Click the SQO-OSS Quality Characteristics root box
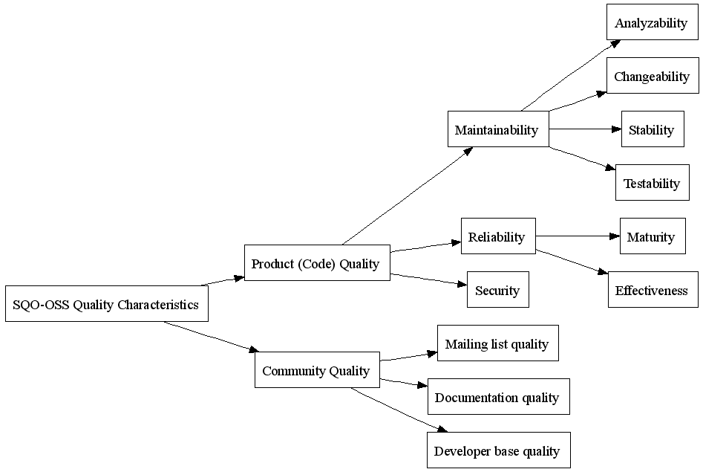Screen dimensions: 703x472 107,303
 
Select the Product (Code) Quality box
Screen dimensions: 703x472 317,262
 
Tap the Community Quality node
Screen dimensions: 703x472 317,369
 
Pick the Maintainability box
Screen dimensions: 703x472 498,129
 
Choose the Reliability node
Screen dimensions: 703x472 498,236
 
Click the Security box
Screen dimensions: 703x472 497,289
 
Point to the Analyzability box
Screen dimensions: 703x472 653,22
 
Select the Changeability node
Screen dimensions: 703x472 653,76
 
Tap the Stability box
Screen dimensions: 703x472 653,129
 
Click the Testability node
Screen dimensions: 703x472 653,182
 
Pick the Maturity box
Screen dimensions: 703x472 653,236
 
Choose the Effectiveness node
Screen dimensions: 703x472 653,289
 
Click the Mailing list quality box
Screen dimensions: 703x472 497,343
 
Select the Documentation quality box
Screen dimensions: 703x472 499,396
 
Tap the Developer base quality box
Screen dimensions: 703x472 499,450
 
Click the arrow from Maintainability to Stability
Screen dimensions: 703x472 585,129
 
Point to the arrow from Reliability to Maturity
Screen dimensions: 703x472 578,236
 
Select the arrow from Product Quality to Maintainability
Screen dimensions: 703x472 407,195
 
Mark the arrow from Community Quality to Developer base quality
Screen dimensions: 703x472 399,410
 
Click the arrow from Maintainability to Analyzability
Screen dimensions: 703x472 571,76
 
